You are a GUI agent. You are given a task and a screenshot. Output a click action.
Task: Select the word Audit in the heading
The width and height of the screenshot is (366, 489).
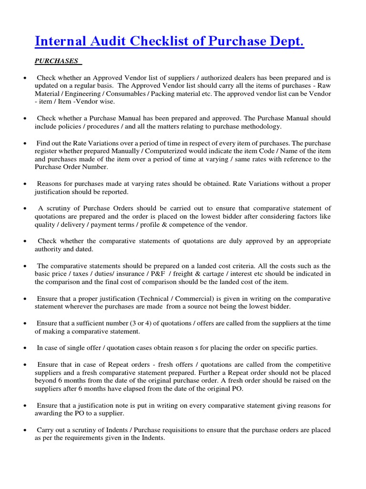(105, 42)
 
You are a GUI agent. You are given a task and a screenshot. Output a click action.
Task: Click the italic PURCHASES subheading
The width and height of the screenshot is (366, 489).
(56, 62)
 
